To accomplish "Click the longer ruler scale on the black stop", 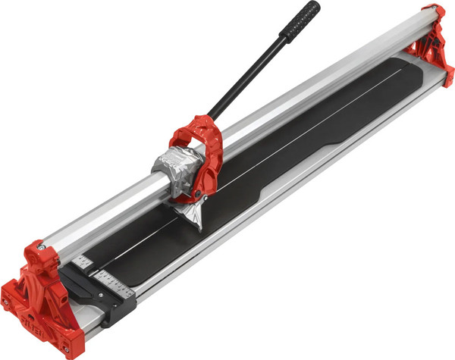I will (x=113, y=288).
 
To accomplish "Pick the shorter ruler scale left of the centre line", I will (x=83, y=262).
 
